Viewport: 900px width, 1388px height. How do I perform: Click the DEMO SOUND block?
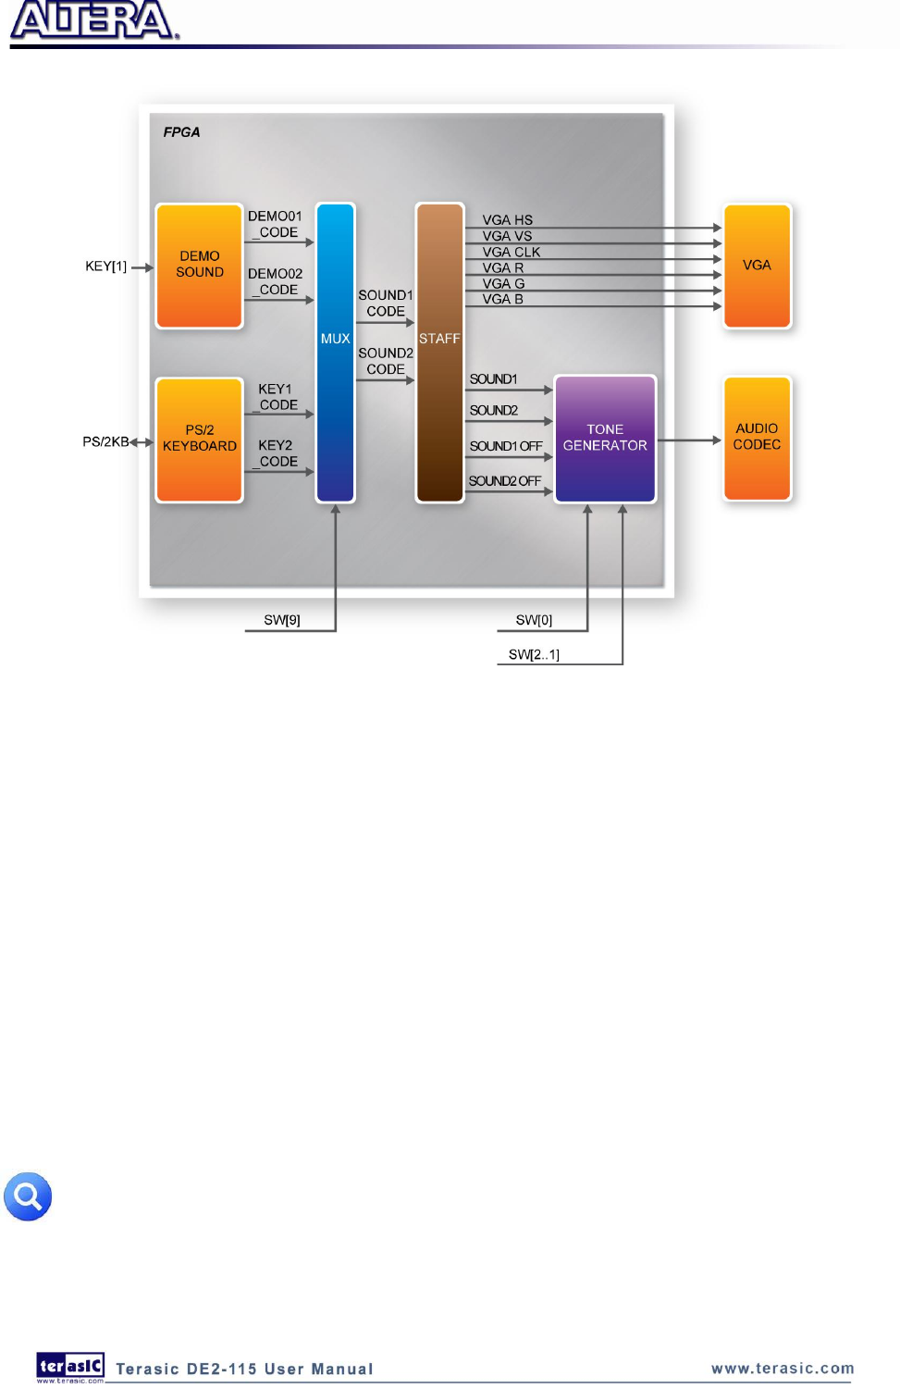199,266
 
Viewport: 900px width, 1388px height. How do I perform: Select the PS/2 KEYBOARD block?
199,440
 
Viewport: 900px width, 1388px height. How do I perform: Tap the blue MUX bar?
335,352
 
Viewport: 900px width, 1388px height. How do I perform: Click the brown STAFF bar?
439,352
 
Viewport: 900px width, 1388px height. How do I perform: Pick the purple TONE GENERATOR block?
605,439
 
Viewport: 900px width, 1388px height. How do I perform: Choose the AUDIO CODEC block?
757,438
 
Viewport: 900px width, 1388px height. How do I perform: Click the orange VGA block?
757,266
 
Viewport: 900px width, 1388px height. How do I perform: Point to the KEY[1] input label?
105,266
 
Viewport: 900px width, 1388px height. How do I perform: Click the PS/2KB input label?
105,441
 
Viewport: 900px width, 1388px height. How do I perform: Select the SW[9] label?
282,620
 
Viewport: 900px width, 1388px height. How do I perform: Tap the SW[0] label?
534,620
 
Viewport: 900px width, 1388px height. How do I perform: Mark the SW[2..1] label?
534,654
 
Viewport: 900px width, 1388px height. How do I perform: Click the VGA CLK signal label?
511,252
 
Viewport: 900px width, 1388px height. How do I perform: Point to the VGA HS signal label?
507,220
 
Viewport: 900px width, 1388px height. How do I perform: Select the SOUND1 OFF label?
505,446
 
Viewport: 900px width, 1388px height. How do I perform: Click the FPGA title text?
181,132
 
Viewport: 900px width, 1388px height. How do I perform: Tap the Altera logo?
94,20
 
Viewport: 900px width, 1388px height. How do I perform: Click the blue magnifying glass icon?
28,1196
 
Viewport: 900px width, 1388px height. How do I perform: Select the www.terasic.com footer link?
783,1369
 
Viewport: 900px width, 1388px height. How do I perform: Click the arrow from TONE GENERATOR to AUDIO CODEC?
689,440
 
